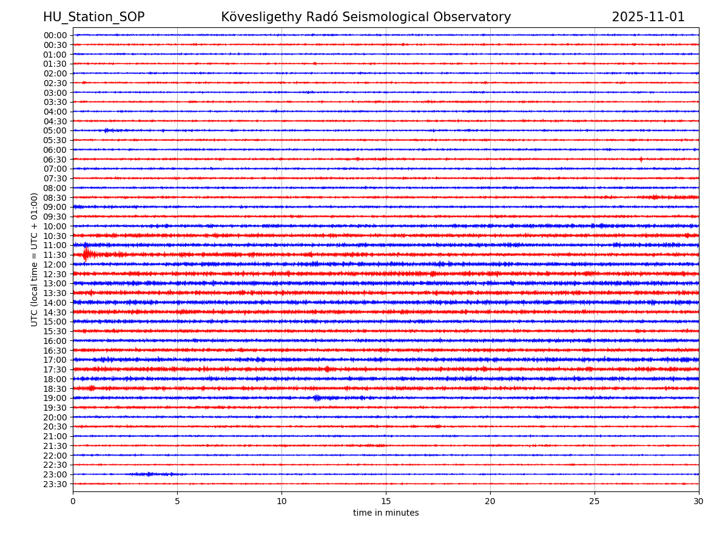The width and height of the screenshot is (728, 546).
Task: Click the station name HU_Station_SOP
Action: [93, 18]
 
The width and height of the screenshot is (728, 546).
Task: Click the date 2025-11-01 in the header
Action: [648, 18]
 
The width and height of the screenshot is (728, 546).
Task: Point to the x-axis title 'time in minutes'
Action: [386, 513]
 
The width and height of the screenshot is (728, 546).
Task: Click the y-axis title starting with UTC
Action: [35, 259]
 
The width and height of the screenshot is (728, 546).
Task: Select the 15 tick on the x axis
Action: [386, 502]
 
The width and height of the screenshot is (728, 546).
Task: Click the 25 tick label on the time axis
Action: [595, 502]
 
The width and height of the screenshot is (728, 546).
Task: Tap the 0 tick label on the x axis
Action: [73, 502]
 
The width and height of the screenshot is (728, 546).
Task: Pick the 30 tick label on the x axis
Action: [699, 502]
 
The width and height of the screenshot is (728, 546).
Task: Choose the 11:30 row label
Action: [55, 255]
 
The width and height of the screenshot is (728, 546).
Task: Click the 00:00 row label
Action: [55, 35]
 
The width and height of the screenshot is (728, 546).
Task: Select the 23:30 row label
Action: [55, 484]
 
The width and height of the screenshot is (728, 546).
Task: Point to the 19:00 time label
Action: [55, 398]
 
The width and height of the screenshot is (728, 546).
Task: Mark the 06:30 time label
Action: [55, 160]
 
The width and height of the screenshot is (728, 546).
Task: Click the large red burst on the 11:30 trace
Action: [86, 254]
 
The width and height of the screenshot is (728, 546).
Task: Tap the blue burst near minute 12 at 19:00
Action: [317, 398]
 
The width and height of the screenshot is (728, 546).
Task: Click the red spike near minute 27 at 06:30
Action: [641, 160]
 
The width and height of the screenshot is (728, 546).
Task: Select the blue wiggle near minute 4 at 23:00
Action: [149, 474]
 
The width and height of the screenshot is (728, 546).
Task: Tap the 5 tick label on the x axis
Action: [177, 502]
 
